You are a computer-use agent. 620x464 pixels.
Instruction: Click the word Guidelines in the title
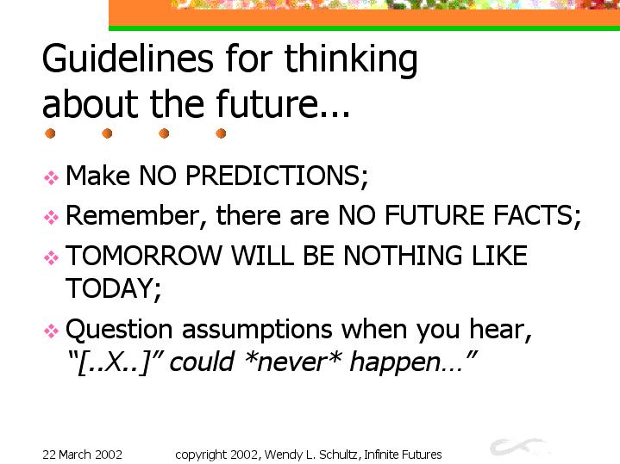coord(128,59)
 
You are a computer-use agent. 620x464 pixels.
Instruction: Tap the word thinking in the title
coord(351,59)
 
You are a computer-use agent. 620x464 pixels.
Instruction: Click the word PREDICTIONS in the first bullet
coord(277,176)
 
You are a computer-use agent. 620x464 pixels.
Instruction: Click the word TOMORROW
coord(144,256)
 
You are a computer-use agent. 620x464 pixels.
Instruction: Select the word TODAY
coord(114,288)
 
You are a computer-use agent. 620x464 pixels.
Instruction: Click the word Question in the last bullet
coord(119,330)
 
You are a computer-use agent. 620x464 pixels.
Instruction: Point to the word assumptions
coord(257,331)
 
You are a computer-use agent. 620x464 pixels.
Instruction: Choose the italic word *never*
coord(293,362)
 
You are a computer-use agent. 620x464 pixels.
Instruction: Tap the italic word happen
coord(395,362)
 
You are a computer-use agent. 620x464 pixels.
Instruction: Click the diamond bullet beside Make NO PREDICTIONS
coord(51,177)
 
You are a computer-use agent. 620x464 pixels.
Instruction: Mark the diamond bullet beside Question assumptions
coord(51,331)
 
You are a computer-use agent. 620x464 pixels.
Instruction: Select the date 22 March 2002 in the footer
coord(82,455)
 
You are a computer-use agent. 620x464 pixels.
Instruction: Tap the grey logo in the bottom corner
coord(519,447)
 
